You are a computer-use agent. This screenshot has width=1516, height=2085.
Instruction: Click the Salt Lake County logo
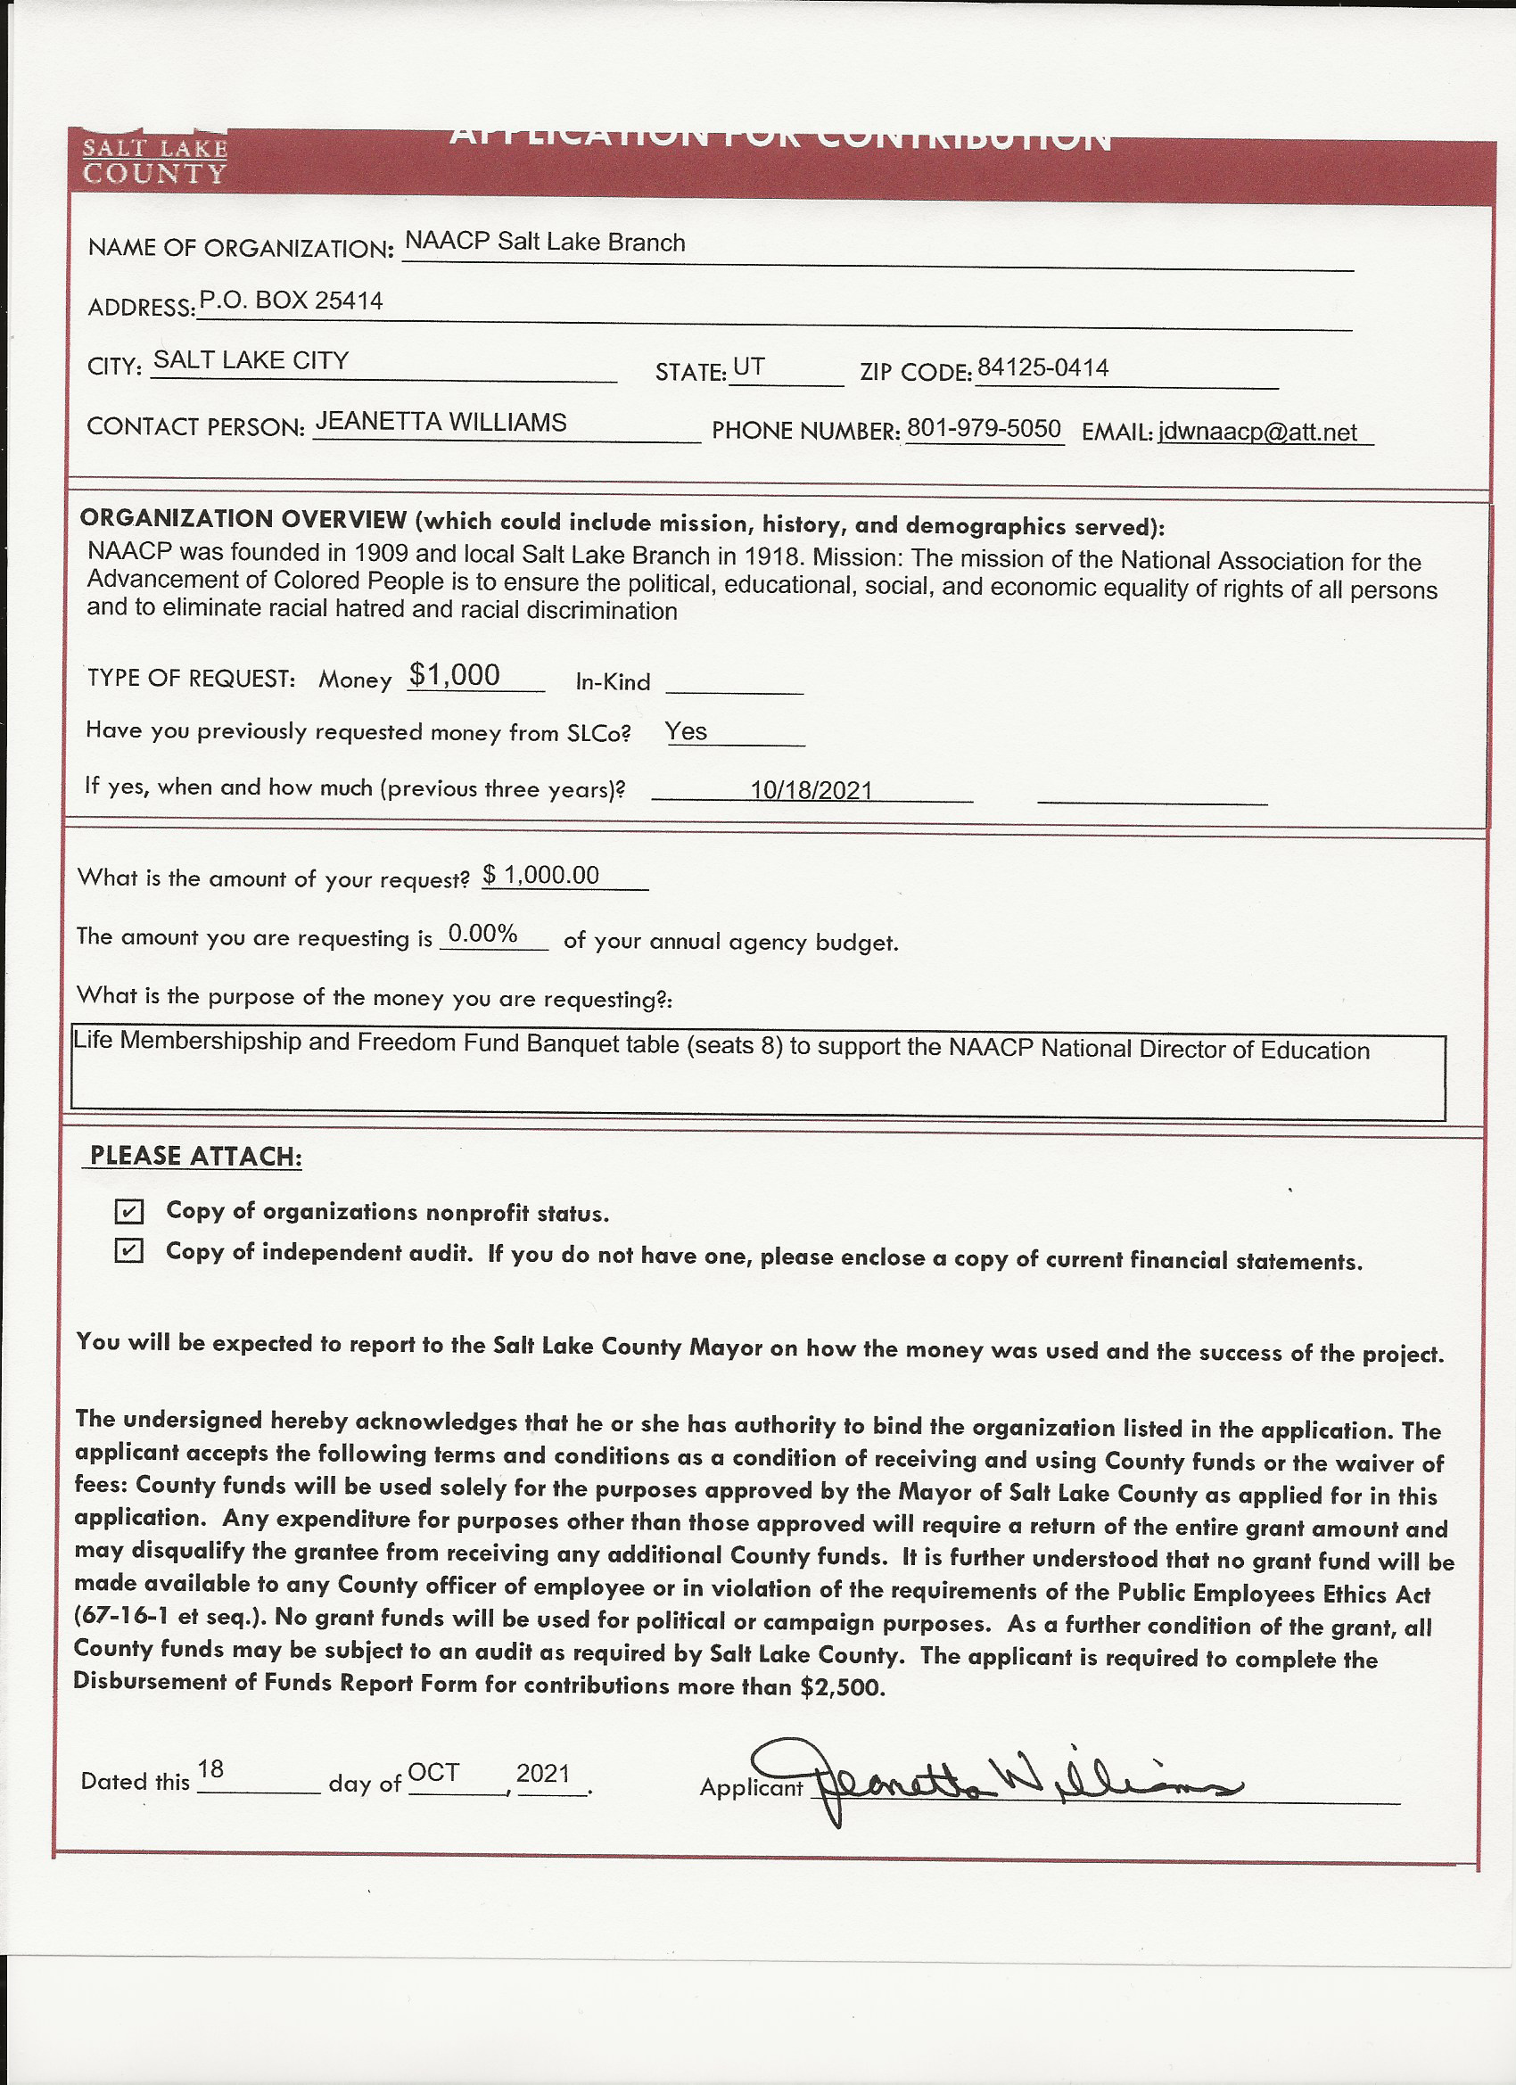pyautogui.click(x=154, y=161)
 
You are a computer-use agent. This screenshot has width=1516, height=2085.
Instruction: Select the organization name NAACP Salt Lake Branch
pyautogui.click(x=544, y=243)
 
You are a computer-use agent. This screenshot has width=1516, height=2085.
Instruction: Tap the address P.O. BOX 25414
pyautogui.click(x=291, y=301)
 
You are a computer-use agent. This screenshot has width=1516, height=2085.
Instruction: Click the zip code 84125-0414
pyautogui.click(x=1042, y=368)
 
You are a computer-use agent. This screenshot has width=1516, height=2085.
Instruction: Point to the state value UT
pyautogui.click(x=748, y=367)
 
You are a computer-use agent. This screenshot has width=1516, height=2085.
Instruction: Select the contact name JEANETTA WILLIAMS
pyautogui.click(x=441, y=422)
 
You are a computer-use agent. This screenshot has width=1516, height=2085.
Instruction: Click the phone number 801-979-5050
pyautogui.click(x=983, y=429)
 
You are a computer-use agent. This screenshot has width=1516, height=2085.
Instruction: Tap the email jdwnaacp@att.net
pyautogui.click(x=1256, y=433)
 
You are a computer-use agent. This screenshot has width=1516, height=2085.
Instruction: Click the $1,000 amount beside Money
pyautogui.click(x=454, y=676)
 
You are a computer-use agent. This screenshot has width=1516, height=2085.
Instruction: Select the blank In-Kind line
pyautogui.click(x=734, y=684)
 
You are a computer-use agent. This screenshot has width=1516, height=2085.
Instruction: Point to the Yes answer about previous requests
pyautogui.click(x=686, y=732)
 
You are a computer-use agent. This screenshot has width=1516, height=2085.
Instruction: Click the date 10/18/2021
pyautogui.click(x=811, y=790)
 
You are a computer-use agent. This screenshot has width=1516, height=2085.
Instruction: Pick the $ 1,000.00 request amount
pyautogui.click(x=541, y=875)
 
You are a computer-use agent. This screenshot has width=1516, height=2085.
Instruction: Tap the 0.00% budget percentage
pyautogui.click(x=482, y=935)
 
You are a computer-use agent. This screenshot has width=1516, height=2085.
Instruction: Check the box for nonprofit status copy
pyautogui.click(x=128, y=1212)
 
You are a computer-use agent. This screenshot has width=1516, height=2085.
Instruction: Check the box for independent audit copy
pyautogui.click(x=128, y=1251)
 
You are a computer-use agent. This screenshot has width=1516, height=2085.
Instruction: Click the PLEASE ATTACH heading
pyautogui.click(x=195, y=1156)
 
